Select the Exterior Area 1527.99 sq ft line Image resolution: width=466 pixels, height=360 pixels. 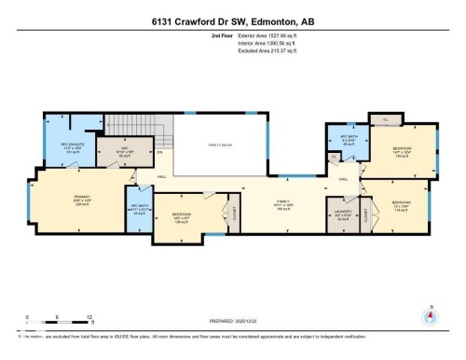coord(273,35)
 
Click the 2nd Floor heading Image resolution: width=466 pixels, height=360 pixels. coord(222,35)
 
